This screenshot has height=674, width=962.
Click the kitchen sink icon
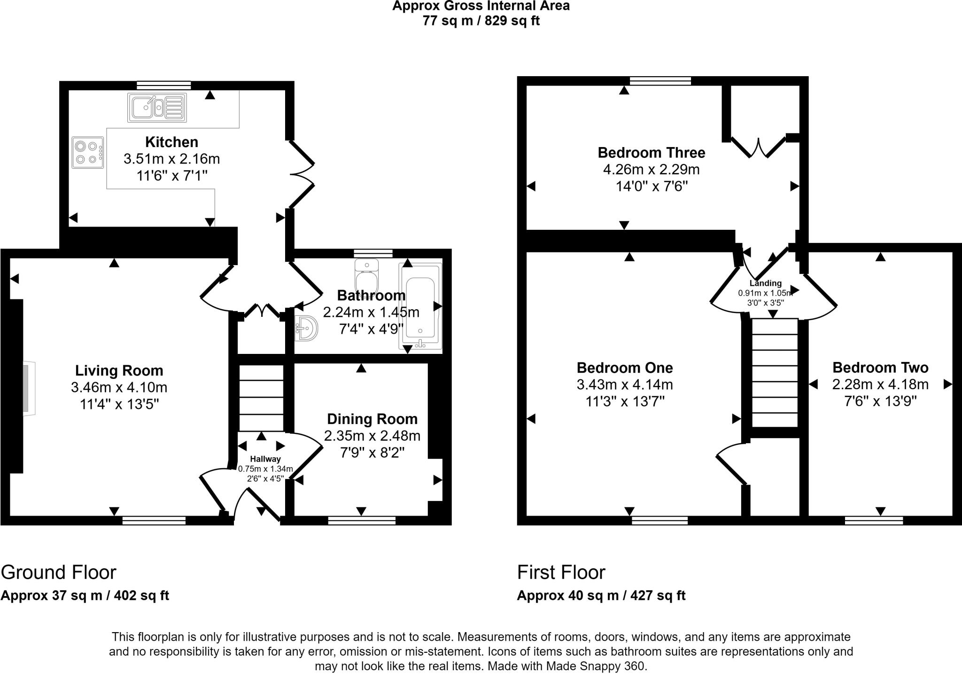point(157,108)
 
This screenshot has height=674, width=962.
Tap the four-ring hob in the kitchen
point(88,152)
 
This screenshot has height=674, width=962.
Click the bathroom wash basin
point(306,328)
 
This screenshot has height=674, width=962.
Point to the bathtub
point(420,306)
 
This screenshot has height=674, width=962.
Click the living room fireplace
point(28,388)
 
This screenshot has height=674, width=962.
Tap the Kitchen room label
point(171,142)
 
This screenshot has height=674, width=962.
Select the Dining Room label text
point(372,419)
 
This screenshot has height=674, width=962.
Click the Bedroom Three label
point(651,153)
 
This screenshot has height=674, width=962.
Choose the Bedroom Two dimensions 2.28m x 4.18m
point(880,384)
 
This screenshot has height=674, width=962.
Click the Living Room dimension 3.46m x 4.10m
point(119,387)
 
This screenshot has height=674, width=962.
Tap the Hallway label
point(265,459)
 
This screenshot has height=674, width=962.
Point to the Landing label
point(765,283)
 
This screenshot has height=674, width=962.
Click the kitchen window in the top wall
point(164,85)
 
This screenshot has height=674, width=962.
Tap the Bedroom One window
point(659,520)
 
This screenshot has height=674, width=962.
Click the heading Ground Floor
point(59,572)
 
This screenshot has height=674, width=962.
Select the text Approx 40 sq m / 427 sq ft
point(601,596)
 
